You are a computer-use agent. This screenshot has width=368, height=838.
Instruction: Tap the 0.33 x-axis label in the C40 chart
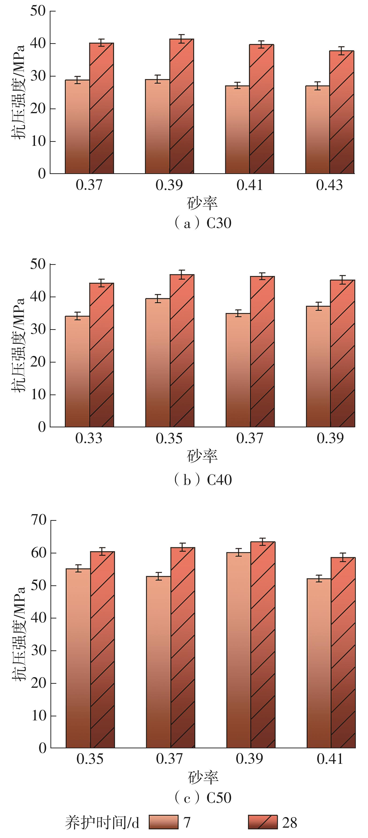(89, 438)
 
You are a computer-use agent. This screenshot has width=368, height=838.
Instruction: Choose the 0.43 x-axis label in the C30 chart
(329, 185)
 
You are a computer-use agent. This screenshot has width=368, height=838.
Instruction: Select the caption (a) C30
(203, 223)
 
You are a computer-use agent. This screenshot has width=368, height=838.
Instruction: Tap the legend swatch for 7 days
(164, 822)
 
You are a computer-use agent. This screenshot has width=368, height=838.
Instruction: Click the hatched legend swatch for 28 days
(263, 822)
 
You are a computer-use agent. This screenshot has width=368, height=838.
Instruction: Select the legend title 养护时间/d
(102, 822)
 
